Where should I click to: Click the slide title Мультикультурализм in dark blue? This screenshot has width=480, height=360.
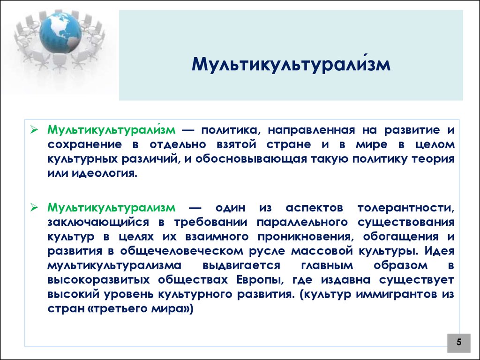(x=291, y=64)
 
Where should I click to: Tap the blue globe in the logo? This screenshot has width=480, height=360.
(x=60, y=32)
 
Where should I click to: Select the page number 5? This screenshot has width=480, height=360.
(x=459, y=342)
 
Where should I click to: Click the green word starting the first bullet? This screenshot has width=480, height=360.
(x=112, y=130)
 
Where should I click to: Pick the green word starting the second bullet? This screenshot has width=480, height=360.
(x=112, y=208)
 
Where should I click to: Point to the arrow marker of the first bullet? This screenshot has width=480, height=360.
(x=34, y=130)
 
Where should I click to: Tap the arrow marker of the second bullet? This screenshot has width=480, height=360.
(x=34, y=208)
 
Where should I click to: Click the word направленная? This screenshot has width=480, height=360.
(x=311, y=130)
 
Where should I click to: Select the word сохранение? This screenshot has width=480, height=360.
(x=84, y=145)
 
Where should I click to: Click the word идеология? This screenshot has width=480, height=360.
(x=105, y=173)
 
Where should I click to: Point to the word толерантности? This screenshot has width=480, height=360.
(x=406, y=208)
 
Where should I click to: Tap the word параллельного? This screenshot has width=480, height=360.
(x=302, y=223)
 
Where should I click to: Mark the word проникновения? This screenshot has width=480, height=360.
(x=304, y=237)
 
